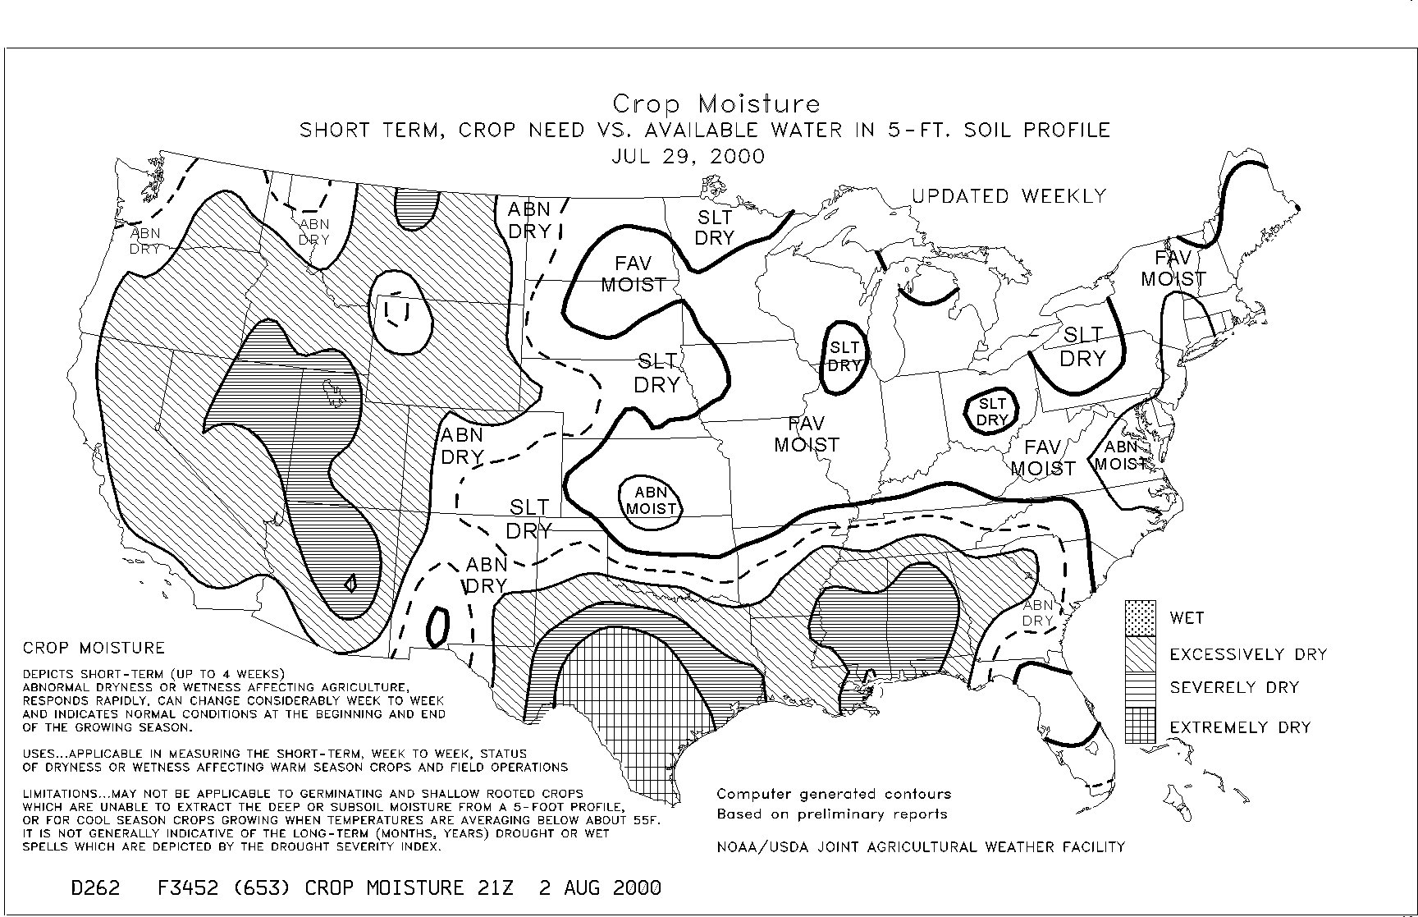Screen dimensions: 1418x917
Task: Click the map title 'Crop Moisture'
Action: click(x=716, y=104)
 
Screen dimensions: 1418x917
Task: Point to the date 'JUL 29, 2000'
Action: click(x=688, y=156)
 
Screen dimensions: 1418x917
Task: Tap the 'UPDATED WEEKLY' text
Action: click(x=1009, y=196)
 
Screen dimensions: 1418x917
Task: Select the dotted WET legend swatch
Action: click(x=1140, y=617)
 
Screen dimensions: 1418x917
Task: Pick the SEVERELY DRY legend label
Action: click(x=1234, y=688)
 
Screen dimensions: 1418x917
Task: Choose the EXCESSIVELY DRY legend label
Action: click(x=1248, y=654)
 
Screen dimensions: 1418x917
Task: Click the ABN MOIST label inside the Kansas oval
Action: click(x=652, y=500)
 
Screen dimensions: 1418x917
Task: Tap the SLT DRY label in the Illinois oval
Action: click(x=844, y=356)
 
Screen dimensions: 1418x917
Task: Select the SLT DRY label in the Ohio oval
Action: click(x=992, y=412)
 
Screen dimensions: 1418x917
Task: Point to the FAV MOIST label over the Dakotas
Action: click(x=634, y=274)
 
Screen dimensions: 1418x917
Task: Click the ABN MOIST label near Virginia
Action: click(x=1121, y=455)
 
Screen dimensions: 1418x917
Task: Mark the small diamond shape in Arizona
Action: click(x=350, y=583)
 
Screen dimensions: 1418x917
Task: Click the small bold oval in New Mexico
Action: click(x=437, y=626)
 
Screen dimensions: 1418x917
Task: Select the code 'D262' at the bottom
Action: click(x=95, y=887)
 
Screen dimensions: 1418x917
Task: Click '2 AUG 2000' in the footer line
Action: click(x=600, y=887)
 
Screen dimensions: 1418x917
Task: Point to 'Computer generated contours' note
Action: click(x=834, y=794)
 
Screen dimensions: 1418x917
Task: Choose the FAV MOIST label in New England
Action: click(x=1173, y=269)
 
